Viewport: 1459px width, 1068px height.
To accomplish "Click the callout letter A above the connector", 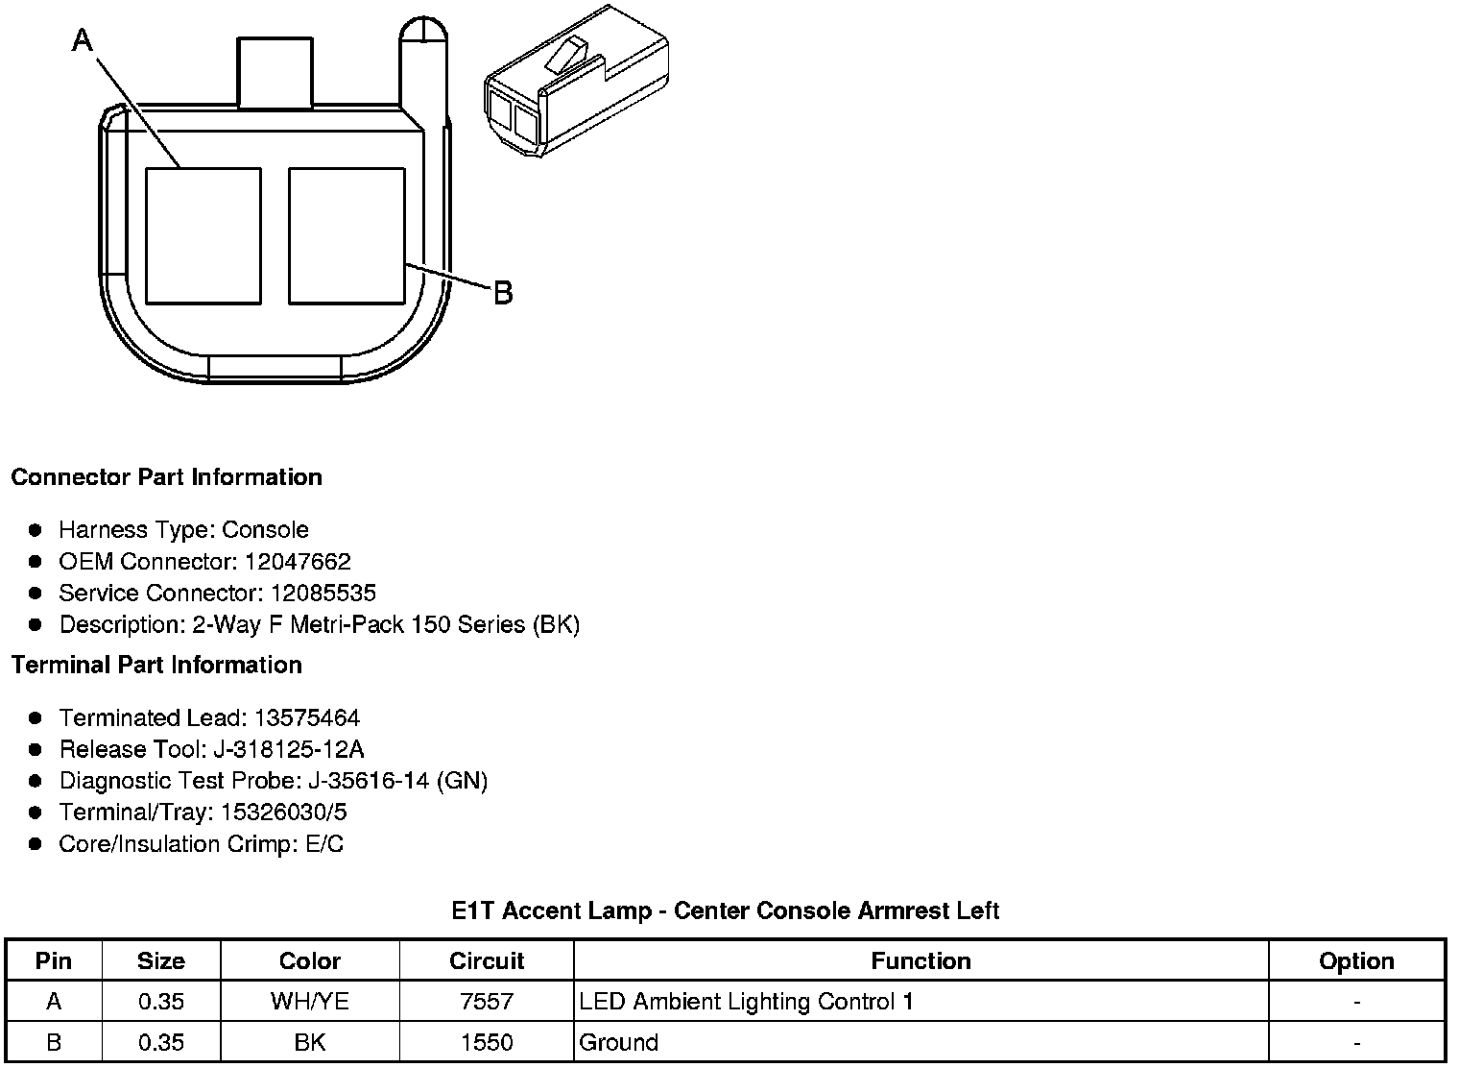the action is pyautogui.click(x=83, y=40).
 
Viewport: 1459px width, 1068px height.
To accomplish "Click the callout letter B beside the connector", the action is pyautogui.click(x=503, y=293).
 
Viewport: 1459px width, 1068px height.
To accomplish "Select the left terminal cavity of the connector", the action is pyautogui.click(x=203, y=236).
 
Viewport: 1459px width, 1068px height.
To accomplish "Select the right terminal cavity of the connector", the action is pyautogui.click(x=347, y=236).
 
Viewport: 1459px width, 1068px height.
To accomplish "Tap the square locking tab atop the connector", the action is pyautogui.click(x=275, y=72).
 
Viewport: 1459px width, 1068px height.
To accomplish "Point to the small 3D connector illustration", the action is pyautogui.click(x=577, y=81).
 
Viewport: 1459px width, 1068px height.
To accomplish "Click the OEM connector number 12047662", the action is pyautogui.click(x=298, y=561).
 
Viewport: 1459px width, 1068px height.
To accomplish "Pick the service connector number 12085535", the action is pyautogui.click(x=323, y=593).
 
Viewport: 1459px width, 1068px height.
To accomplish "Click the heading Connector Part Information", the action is pyautogui.click(x=167, y=477).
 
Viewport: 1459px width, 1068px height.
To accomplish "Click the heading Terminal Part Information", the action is pyautogui.click(x=156, y=665).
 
